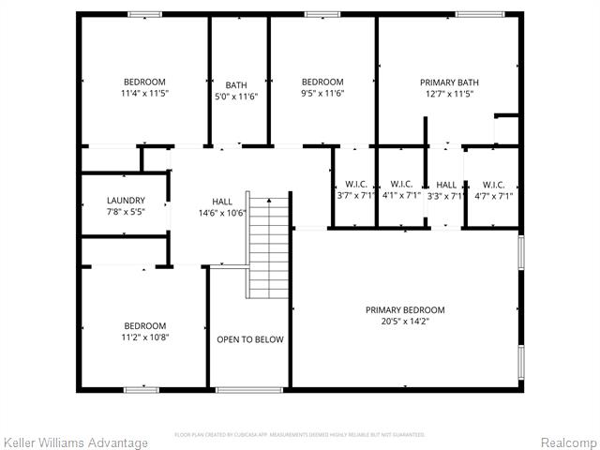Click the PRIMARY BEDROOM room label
[405, 310]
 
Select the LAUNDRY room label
[126, 201]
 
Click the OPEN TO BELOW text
[249, 339]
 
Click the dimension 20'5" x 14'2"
[405, 322]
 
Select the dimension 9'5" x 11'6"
[322, 94]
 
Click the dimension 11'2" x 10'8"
[145, 337]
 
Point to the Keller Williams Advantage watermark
[75, 442]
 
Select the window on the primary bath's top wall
[478, 14]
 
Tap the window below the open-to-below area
[249, 388]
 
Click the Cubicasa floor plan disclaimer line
[300, 435]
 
